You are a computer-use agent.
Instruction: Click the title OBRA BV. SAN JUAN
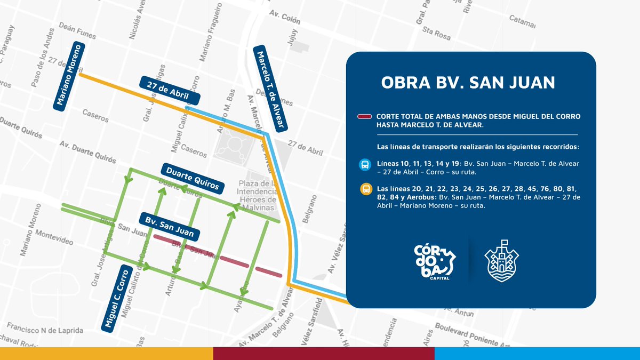468,83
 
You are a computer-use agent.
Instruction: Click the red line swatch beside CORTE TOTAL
365,117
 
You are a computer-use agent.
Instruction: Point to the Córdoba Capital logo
436,263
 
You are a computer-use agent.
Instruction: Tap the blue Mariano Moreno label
67,76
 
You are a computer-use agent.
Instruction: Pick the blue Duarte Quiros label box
192,178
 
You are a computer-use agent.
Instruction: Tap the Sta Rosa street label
436,34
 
